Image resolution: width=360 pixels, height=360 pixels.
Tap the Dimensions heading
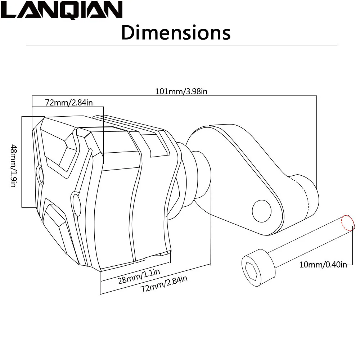[x=176, y=33]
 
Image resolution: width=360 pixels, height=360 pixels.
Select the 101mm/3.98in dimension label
[x=181, y=91]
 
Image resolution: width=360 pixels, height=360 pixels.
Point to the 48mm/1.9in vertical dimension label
[x=13, y=165]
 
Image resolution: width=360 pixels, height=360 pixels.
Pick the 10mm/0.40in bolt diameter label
[x=323, y=265]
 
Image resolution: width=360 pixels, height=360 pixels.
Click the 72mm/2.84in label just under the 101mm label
[x=69, y=103]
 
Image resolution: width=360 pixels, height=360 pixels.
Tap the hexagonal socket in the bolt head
[x=251, y=271]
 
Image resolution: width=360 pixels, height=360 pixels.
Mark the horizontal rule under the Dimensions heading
[x=182, y=45]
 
